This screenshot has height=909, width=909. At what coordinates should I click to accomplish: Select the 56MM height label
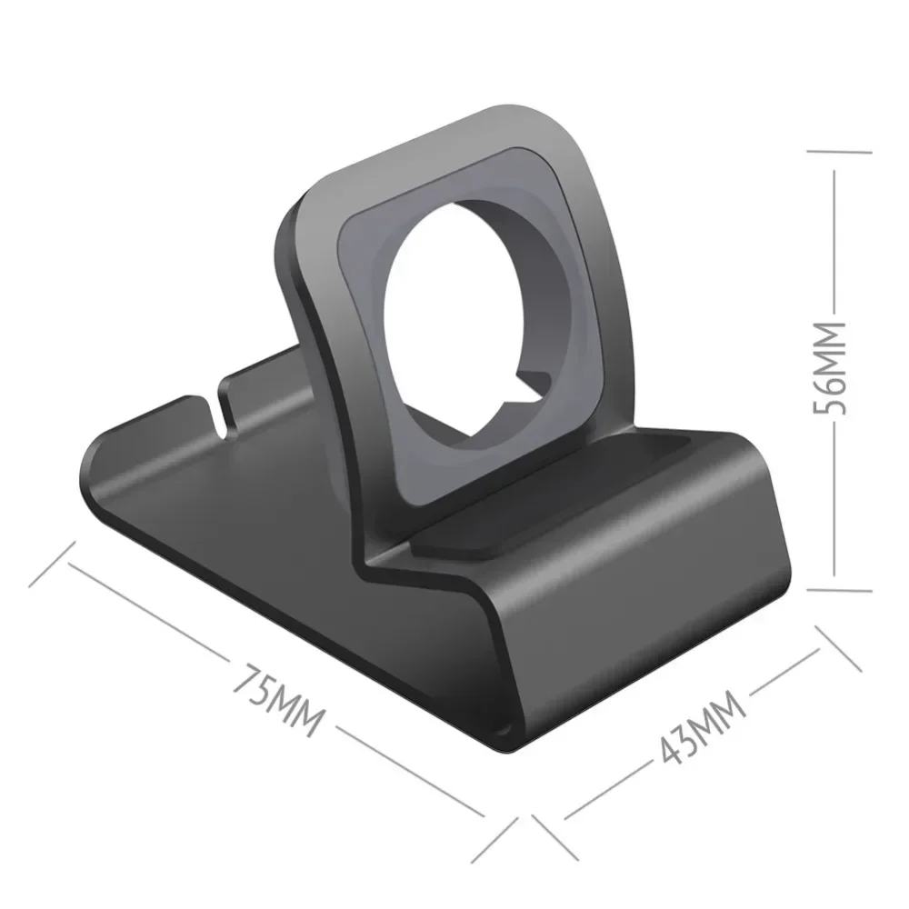[x=830, y=368]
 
